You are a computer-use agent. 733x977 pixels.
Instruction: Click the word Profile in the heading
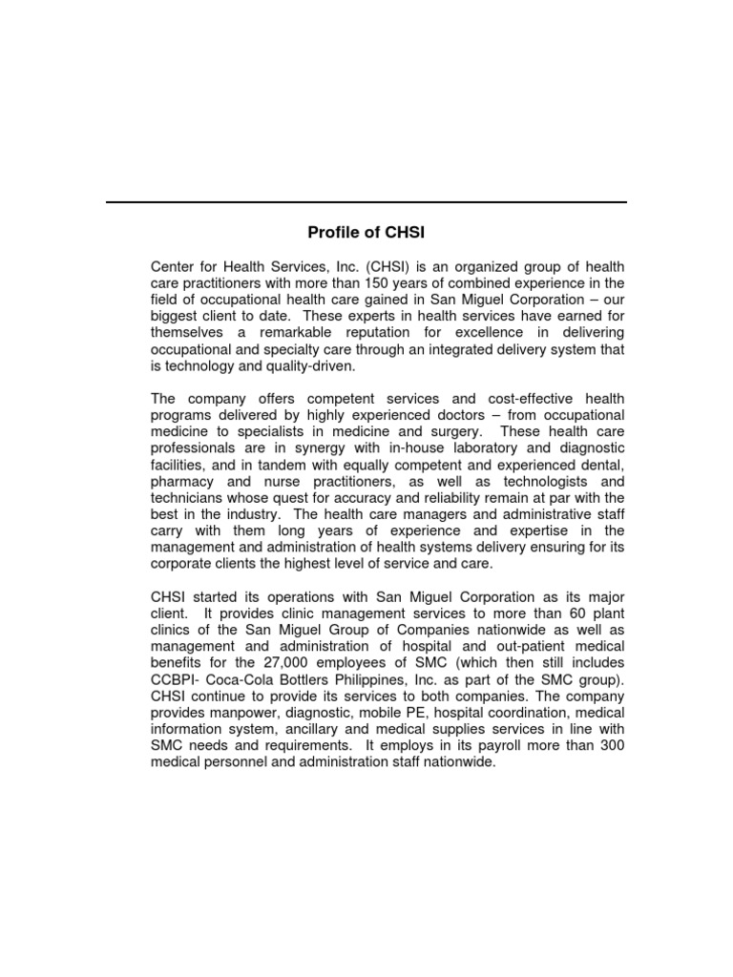click(330, 232)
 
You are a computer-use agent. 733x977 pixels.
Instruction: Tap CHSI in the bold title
click(405, 232)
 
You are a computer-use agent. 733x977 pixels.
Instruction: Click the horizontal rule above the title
click(366, 202)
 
